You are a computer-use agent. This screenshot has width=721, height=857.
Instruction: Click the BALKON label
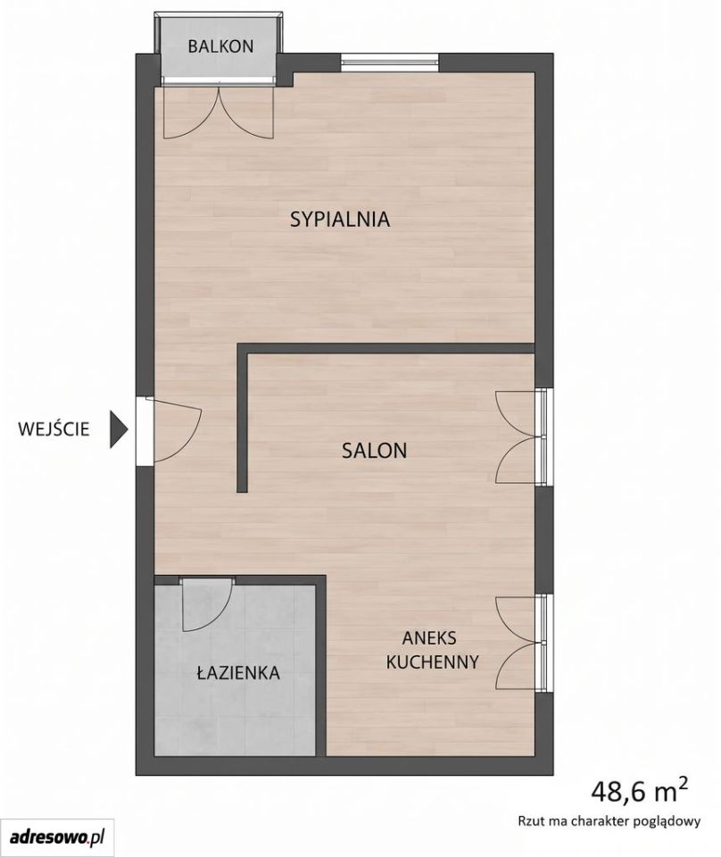click(220, 46)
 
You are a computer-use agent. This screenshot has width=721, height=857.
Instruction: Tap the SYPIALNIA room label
click(340, 220)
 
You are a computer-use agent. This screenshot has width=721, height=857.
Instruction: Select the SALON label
click(374, 450)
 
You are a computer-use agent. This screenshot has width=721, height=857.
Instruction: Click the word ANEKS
click(429, 637)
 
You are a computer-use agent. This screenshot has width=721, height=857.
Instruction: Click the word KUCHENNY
click(432, 661)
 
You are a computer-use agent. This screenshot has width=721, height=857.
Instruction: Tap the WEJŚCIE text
click(54, 429)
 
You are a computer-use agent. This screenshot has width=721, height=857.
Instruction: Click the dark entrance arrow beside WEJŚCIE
click(119, 429)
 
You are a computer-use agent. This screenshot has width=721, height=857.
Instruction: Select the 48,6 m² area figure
click(639, 792)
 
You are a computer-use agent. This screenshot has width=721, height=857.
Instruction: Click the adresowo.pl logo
click(57, 836)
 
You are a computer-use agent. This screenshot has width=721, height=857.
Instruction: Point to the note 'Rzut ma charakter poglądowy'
click(609, 820)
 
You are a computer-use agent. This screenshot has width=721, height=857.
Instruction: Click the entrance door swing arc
click(189, 437)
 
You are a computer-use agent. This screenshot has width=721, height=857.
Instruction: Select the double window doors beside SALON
click(522, 437)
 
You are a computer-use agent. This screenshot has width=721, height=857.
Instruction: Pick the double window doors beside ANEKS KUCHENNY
click(522, 642)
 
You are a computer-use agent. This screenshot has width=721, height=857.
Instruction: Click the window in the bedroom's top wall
click(390, 62)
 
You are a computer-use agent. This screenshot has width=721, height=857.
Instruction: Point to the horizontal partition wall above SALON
click(385, 349)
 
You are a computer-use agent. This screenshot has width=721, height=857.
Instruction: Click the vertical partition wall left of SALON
click(243, 418)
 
